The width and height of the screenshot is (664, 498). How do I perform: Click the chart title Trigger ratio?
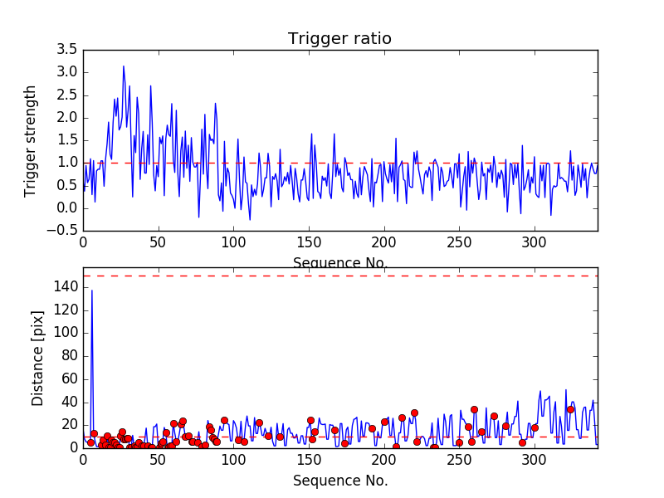(x=339, y=39)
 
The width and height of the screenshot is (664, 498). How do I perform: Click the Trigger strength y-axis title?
(x=31, y=140)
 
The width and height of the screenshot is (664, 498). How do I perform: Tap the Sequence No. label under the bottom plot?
(x=340, y=481)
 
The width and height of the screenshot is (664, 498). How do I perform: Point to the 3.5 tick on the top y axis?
(x=67, y=49)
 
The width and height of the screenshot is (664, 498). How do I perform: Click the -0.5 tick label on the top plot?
(x=65, y=231)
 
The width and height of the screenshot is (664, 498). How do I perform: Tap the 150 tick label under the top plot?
(x=309, y=243)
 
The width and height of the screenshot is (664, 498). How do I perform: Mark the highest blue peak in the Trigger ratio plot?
(x=124, y=66)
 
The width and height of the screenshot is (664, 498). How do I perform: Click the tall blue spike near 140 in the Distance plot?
(x=91, y=290)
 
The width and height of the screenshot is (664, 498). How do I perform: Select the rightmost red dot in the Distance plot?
(x=570, y=409)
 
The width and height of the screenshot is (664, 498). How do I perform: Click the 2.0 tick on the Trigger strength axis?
(x=67, y=117)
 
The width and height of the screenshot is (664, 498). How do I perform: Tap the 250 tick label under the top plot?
(x=459, y=243)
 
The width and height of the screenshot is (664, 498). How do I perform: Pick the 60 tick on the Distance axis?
(x=70, y=379)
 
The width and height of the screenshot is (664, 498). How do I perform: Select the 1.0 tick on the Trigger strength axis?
(x=67, y=163)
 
